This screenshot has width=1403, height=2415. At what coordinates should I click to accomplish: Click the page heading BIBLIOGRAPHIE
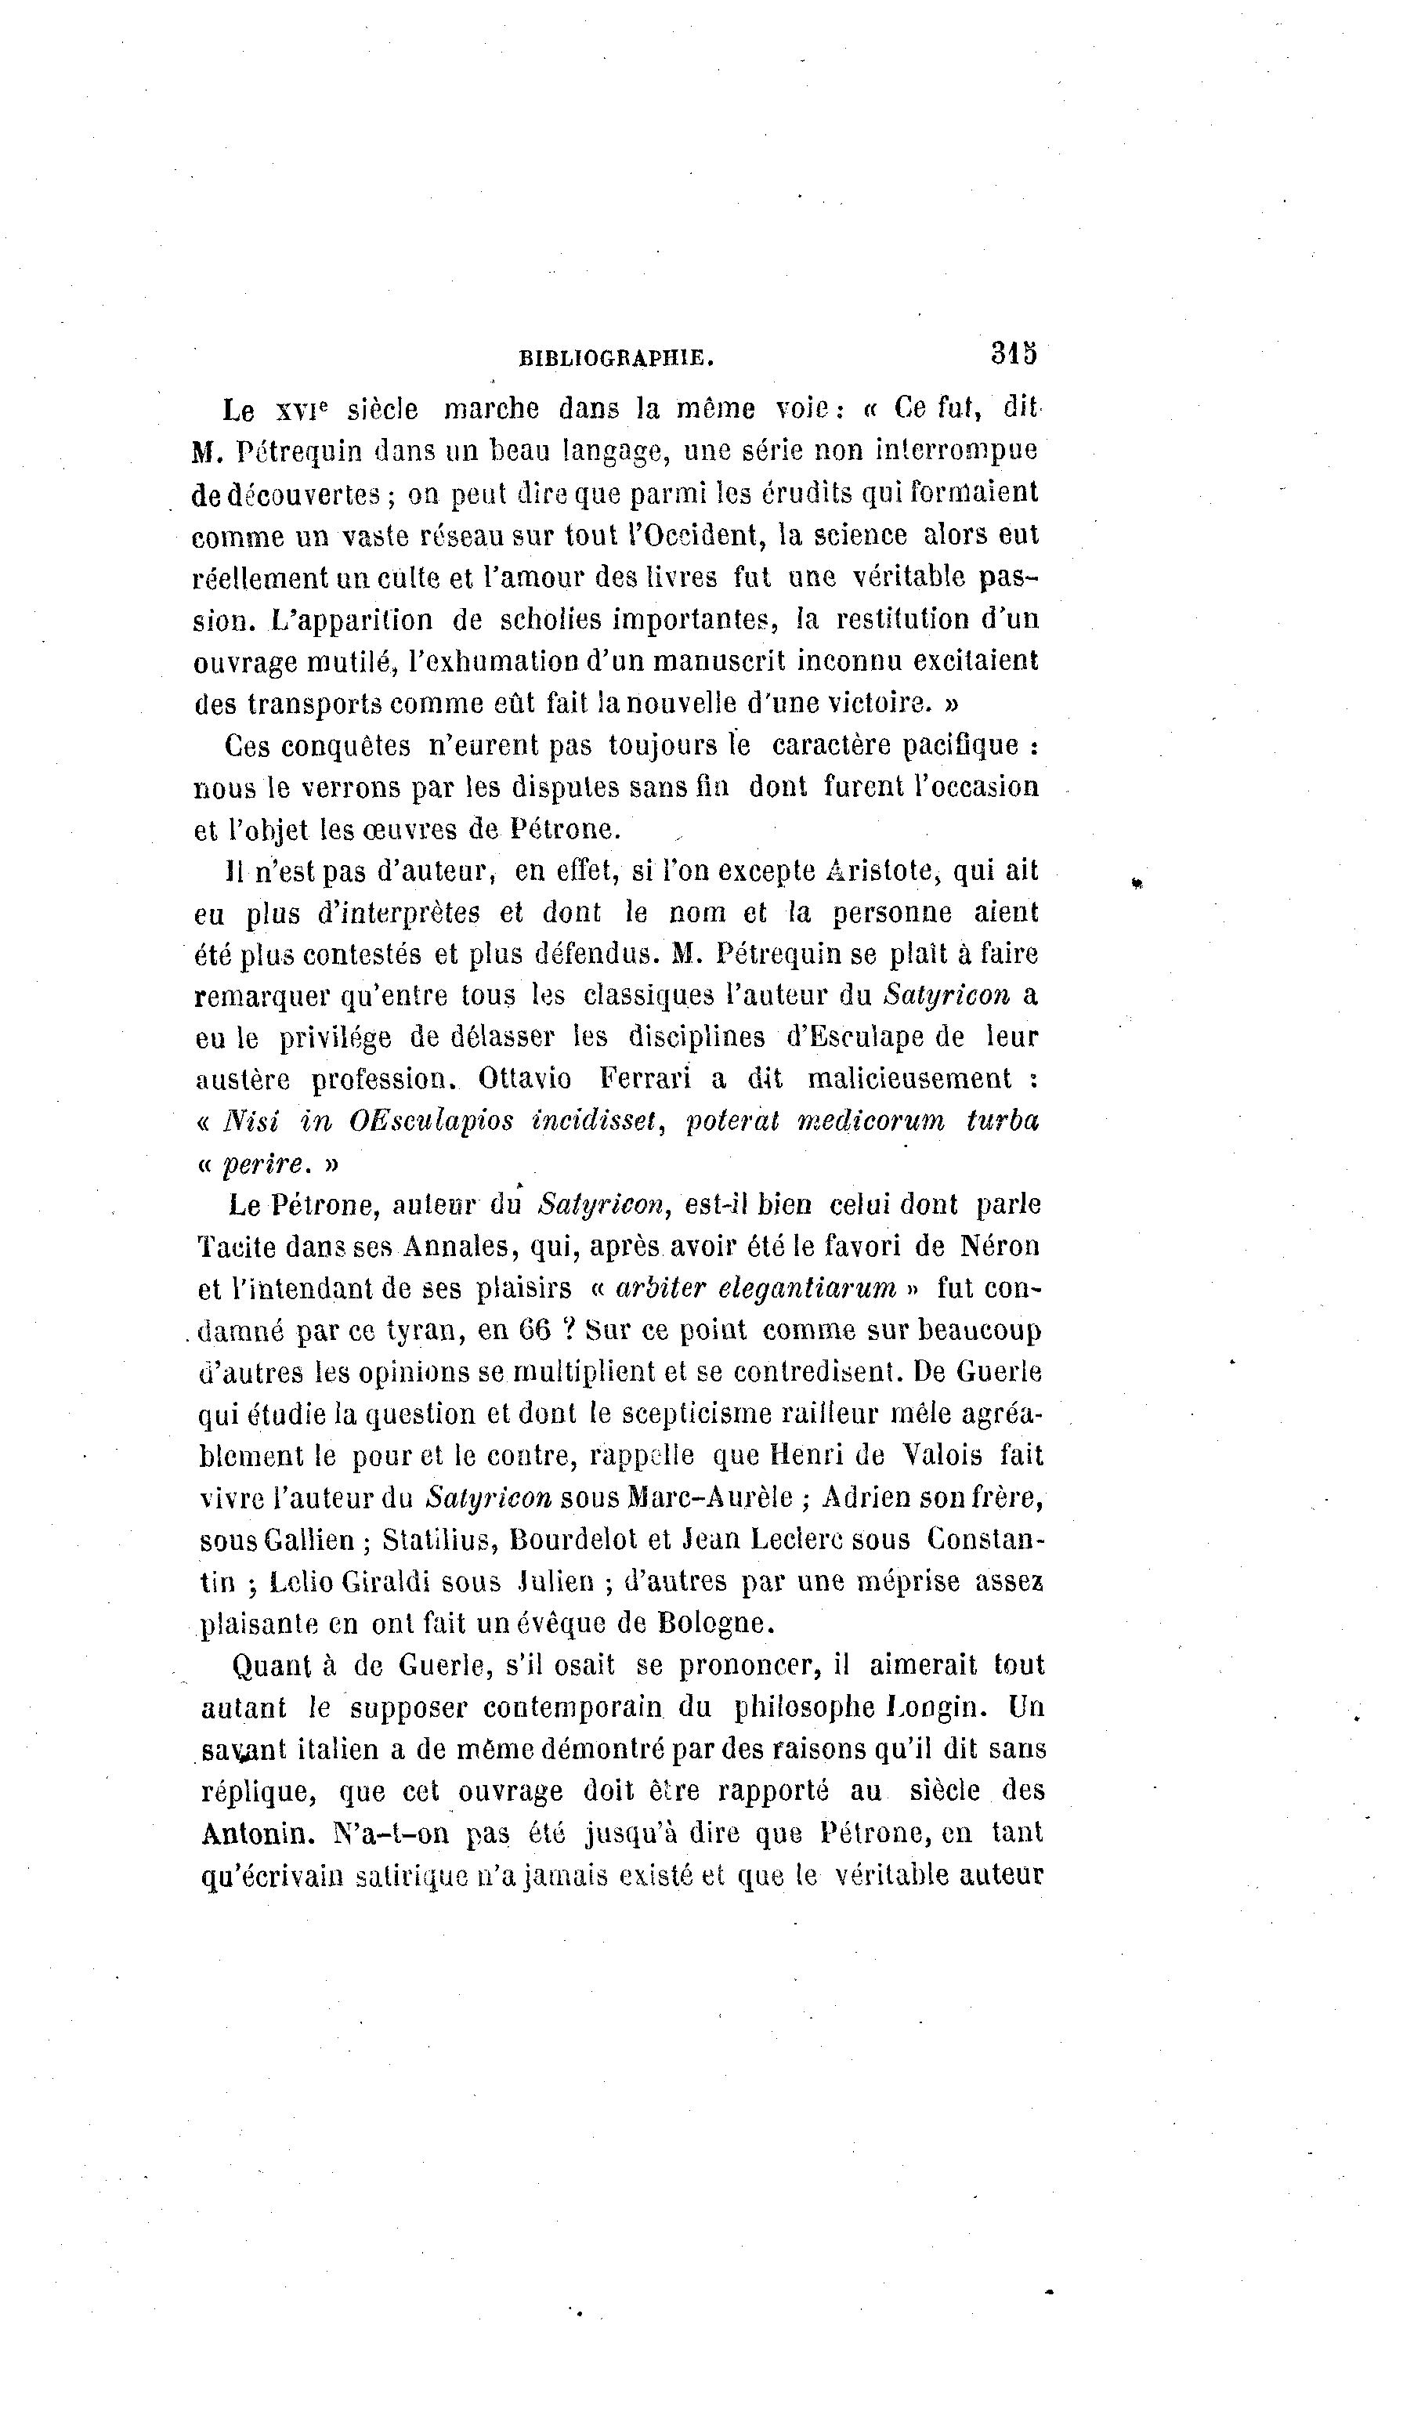pos(617,358)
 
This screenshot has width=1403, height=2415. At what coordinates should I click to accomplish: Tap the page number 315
pos(1015,353)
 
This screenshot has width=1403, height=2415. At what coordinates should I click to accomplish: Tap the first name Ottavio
pos(524,1079)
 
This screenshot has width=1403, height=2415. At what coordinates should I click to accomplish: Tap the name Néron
pos(1000,1246)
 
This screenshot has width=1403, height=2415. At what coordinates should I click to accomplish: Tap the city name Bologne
pos(716,1624)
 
